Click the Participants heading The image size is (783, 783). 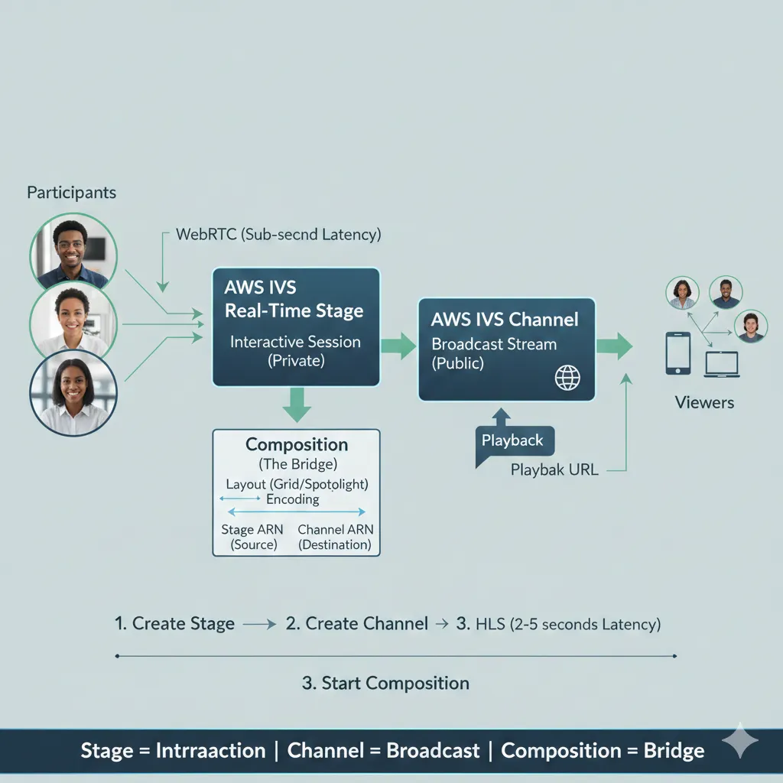[71, 193]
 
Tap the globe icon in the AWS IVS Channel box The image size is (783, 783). [567, 377]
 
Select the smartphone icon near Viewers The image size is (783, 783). [677, 353]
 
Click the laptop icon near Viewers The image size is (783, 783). [722, 364]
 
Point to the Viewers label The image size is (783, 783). [704, 402]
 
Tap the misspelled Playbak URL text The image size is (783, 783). [554, 470]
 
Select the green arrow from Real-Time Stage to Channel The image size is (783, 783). [398, 346]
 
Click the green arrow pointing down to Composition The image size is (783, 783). [297, 404]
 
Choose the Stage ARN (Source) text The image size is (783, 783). [252, 537]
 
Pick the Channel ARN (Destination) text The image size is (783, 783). [335, 537]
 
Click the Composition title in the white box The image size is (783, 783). [297, 444]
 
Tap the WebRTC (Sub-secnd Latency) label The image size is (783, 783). [278, 235]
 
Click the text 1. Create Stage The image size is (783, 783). [174, 623]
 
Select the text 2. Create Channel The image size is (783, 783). [356, 623]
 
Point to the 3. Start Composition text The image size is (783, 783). [385, 683]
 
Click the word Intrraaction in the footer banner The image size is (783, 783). [210, 751]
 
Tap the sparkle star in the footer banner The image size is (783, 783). [740, 740]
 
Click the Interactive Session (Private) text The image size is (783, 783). [296, 351]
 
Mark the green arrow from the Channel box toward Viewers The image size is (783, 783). [614, 346]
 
